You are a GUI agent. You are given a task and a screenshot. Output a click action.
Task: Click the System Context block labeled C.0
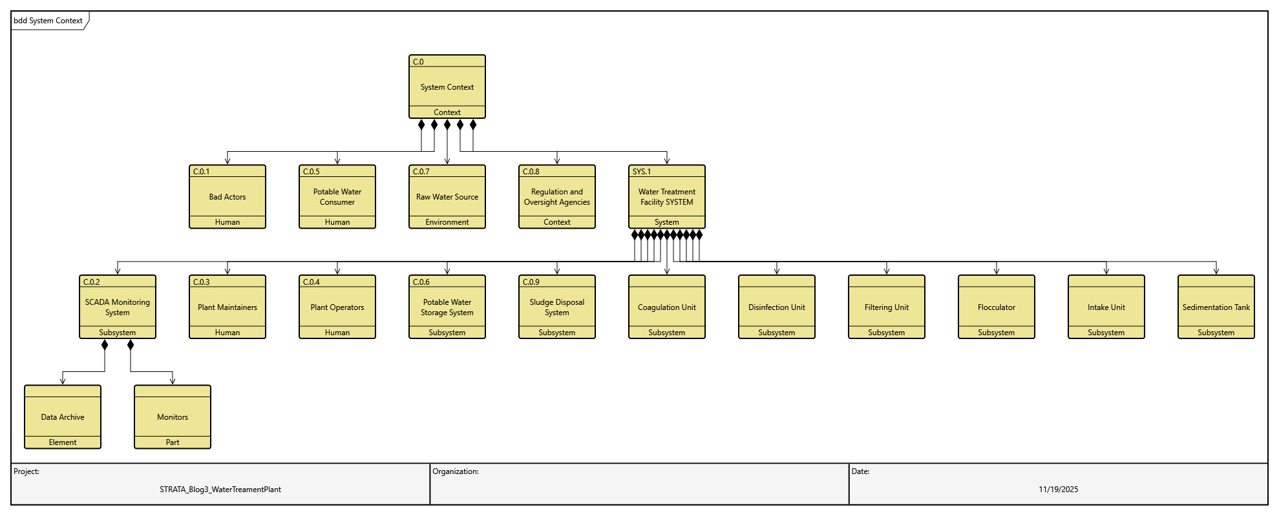(x=447, y=87)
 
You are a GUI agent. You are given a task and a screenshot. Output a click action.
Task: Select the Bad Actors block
(x=227, y=197)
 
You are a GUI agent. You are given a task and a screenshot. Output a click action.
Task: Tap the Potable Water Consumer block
(x=337, y=197)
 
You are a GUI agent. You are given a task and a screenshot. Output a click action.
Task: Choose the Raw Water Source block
(x=447, y=197)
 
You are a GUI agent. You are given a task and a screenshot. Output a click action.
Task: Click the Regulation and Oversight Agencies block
(x=556, y=197)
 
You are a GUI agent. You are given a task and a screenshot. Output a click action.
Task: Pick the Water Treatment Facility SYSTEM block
(x=666, y=197)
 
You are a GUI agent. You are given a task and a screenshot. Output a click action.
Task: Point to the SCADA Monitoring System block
(x=117, y=307)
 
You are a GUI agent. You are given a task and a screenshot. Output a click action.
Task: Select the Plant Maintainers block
(x=227, y=307)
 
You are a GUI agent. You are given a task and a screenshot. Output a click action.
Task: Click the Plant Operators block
(x=337, y=307)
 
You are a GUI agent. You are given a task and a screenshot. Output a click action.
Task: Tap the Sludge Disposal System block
(x=556, y=307)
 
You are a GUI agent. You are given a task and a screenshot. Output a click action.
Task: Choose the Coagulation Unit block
(x=666, y=307)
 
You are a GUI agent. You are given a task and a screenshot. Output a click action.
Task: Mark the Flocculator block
(x=996, y=307)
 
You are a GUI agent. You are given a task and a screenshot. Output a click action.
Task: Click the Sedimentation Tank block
(x=1216, y=307)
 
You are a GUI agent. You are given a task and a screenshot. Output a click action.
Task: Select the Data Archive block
(x=63, y=417)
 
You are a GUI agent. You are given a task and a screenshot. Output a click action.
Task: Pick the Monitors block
(x=173, y=417)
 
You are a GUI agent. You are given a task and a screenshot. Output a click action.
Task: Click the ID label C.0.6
(x=421, y=282)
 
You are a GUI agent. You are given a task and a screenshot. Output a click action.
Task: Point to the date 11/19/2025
(x=1058, y=490)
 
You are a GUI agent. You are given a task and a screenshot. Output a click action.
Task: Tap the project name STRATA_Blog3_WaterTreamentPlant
(x=220, y=490)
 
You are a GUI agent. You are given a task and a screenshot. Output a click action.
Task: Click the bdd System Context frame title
(x=48, y=21)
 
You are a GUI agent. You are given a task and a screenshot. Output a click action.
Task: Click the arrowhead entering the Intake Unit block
(x=1106, y=271)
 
